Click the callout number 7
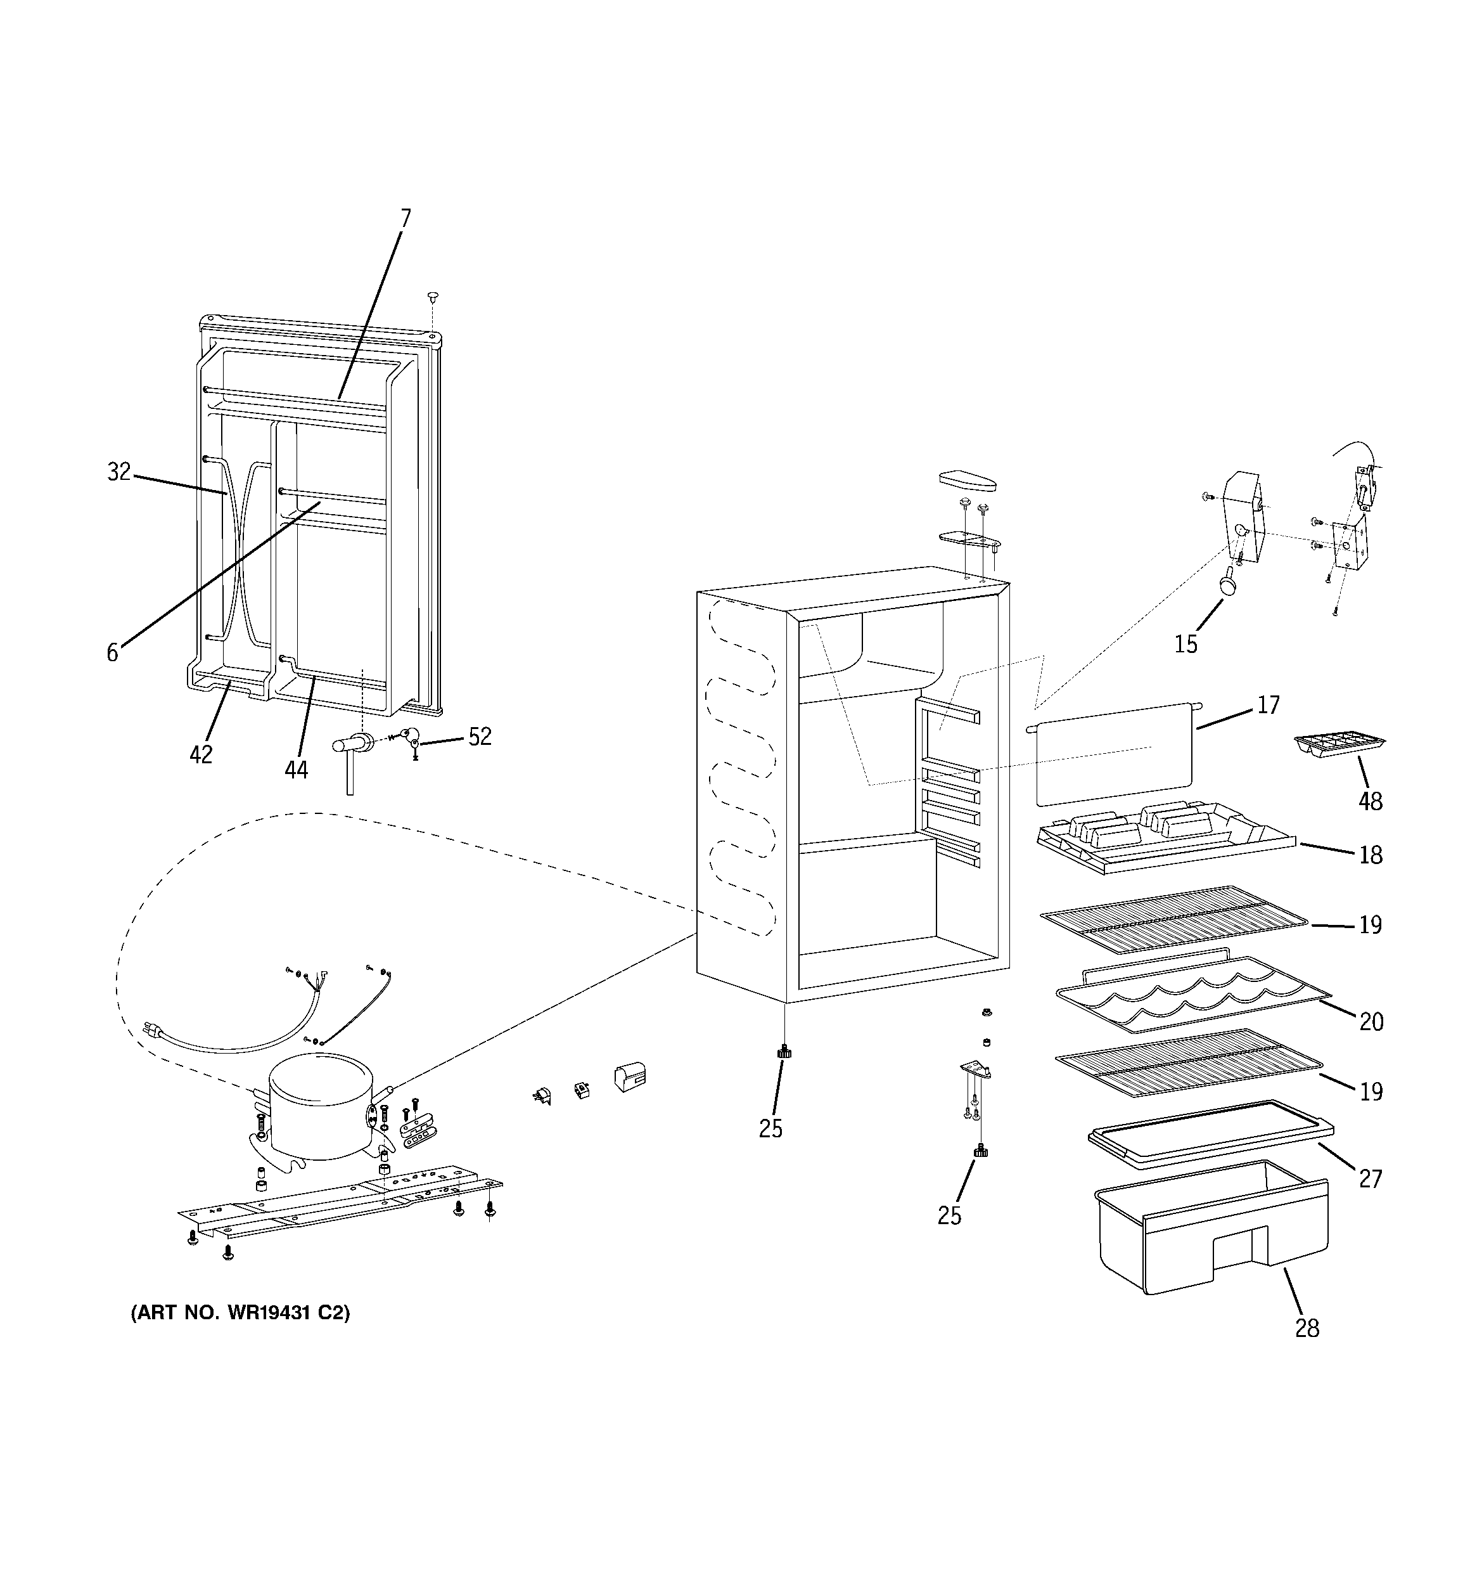pyautogui.click(x=406, y=219)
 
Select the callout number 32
pyautogui.click(x=118, y=472)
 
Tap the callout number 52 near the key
pyautogui.click(x=480, y=737)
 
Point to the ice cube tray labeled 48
pyautogui.click(x=1339, y=744)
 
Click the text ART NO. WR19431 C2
pyautogui.click(x=240, y=1312)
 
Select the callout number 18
pyautogui.click(x=1371, y=855)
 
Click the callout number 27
pyautogui.click(x=1371, y=1178)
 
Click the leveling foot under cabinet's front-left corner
pyautogui.click(x=784, y=1052)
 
